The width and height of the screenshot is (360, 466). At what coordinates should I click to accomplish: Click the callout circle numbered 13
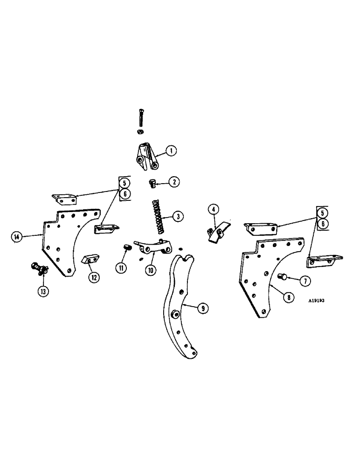43,293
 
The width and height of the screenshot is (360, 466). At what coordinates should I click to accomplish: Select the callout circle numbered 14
17,237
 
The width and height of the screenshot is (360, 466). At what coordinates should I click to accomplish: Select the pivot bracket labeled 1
147,158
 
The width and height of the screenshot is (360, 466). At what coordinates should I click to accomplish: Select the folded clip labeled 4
217,232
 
